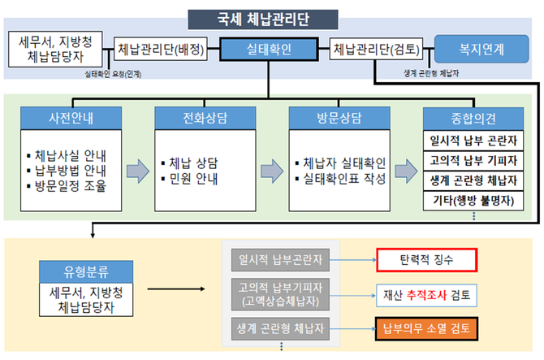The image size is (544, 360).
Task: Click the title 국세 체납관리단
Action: click(x=270, y=17)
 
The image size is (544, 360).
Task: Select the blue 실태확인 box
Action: click(x=270, y=50)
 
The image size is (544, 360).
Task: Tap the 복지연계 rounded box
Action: click(x=481, y=49)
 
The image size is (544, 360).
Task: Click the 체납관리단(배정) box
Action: click(x=159, y=50)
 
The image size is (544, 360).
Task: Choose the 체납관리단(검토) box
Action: click(x=374, y=50)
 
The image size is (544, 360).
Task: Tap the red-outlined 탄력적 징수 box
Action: click(x=426, y=261)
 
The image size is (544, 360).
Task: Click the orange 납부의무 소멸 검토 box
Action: click(x=426, y=329)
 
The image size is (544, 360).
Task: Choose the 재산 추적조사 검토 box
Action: click(x=426, y=294)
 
